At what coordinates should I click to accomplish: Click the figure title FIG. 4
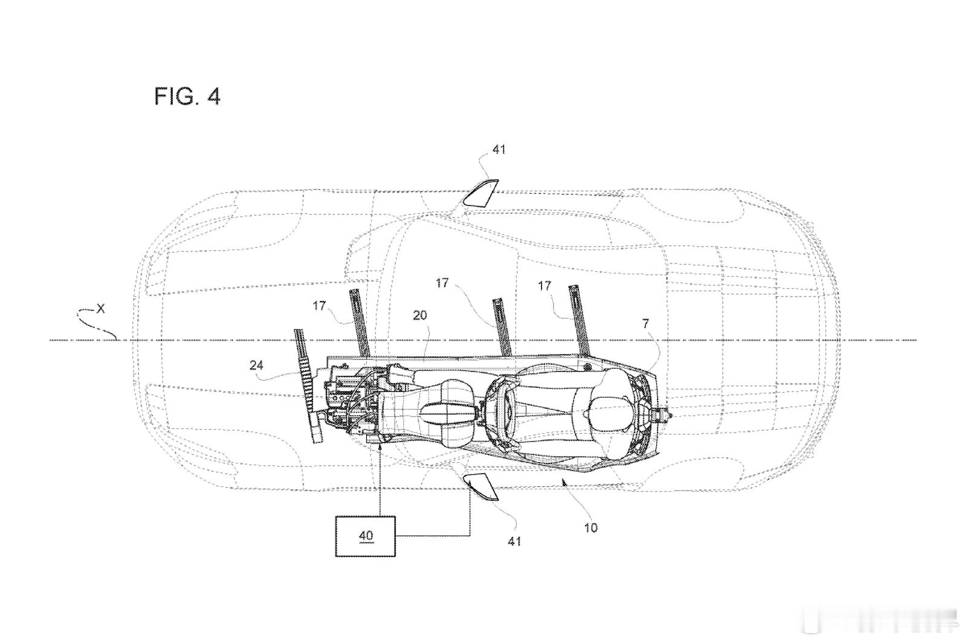187,96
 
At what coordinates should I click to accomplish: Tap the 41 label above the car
499,150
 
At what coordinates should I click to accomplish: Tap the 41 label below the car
514,541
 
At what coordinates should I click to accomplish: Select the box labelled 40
366,536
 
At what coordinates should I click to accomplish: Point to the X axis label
100,309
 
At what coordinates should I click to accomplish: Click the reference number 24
256,365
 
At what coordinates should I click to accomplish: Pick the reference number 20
419,315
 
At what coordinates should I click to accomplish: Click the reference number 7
645,323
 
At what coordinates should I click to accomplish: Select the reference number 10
590,527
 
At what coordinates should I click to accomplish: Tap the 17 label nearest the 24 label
319,306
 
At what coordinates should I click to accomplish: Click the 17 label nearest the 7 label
545,286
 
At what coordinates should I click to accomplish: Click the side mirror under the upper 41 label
480,193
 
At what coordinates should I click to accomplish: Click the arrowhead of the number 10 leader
563,481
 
